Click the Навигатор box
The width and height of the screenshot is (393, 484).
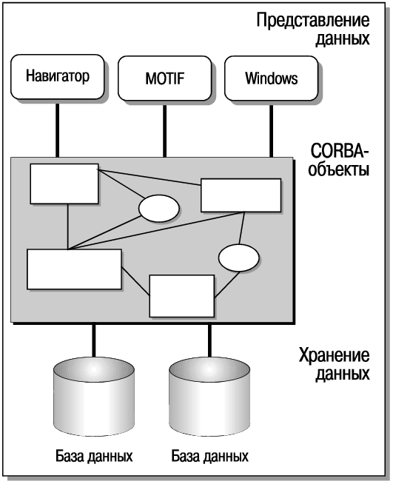click(x=58, y=76)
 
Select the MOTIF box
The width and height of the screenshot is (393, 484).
click(x=164, y=78)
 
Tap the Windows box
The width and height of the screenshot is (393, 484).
click(x=271, y=78)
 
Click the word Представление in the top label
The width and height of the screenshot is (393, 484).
click(x=313, y=21)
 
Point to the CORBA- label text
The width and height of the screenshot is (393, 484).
click(x=340, y=151)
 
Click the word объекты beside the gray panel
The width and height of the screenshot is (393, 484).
click(x=339, y=169)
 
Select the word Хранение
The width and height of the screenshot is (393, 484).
click(x=334, y=355)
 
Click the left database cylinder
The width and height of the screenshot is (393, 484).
click(x=94, y=397)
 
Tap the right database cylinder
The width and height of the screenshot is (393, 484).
click(x=209, y=397)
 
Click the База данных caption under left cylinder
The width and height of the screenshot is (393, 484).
click(x=94, y=456)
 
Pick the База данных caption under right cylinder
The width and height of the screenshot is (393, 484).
click(x=209, y=456)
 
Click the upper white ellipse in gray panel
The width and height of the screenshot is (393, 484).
click(x=158, y=209)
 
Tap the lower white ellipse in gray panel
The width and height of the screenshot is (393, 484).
click(x=238, y=258)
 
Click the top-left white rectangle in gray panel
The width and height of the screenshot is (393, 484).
click(x=64, y=184)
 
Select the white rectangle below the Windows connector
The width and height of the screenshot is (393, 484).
click(x=241, y=195)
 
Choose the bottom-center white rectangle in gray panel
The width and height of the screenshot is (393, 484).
click(x=182, y=296)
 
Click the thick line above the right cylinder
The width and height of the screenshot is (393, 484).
click(x=209, y=340)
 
